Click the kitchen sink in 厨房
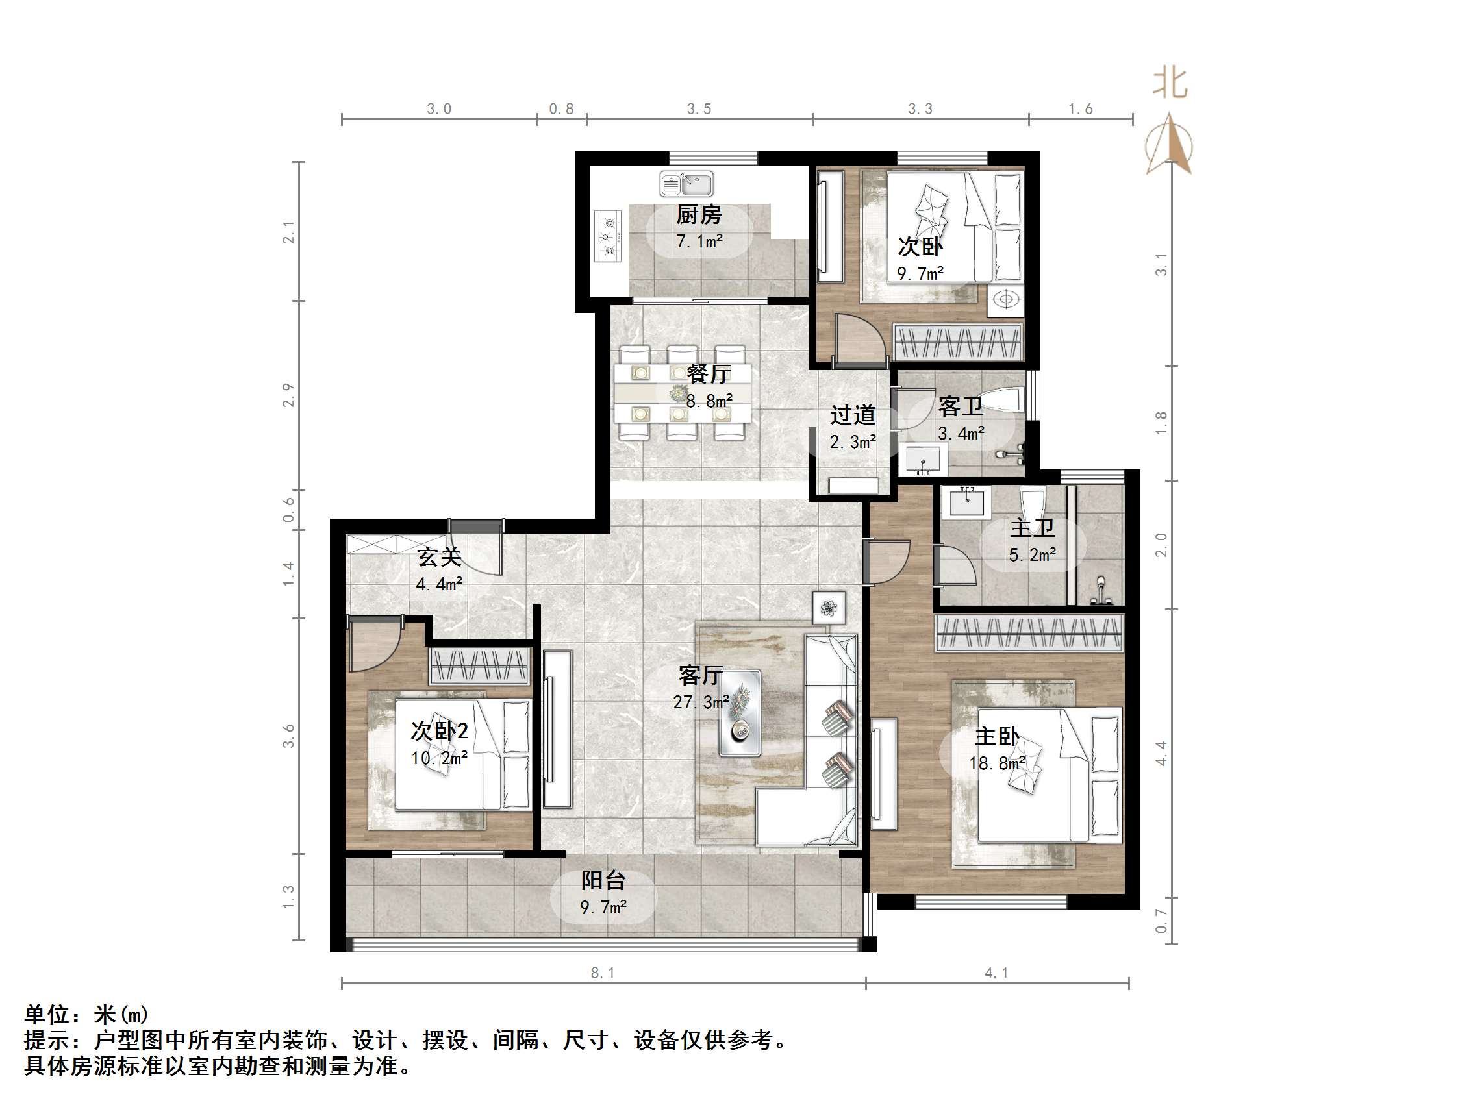click(686, 184)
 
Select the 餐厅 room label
click(709, 374)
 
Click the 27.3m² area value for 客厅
click(701, 702)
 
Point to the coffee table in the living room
click(740, 713)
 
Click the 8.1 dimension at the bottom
click(603, 973)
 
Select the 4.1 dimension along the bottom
click(996, 973)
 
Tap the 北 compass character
click(1170, 84)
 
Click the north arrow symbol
click(1169, 144)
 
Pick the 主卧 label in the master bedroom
click(997, 737)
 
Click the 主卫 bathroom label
click(1032, 528)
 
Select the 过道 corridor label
click(853, 415)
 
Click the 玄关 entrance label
click(439, 557)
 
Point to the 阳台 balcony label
click(603, 880)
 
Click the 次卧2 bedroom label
click(439, 732)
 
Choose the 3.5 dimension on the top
click(699, 109)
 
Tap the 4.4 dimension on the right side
click(1161, 753)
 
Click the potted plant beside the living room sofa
click(829, 607)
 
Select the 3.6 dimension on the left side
click(288, 736)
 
